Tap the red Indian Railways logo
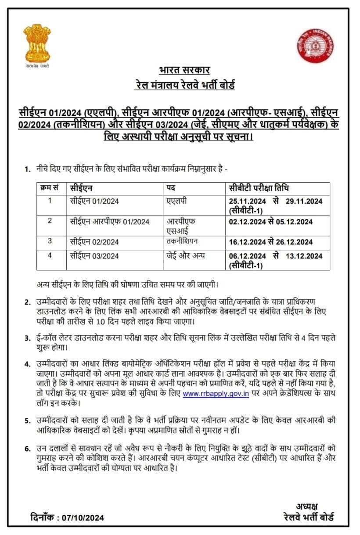pyautogui.click(x=315, y=46)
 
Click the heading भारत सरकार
pyautogui.click(x=184, y=71)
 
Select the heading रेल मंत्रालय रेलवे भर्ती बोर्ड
pyautogui.click(x=184, y=85)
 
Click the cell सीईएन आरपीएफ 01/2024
pyautogui.click(x=109, y=221)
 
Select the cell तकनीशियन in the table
pyautogui.click(x=182, y=242)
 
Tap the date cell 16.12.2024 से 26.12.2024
pyautogui.click(x=270, y=242)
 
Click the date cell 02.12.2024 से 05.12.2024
pyautogui.click(x=270, y=222)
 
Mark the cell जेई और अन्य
pyautogui.click(x=186, y=255)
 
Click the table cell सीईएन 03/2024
pyautogui.click(x=94, y=255)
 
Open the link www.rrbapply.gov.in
pyautogui.click(x=216, y=394)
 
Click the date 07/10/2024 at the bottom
pyautogui.click(x=83, y=517)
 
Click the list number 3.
pyautogui.click(x=27, y=338)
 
